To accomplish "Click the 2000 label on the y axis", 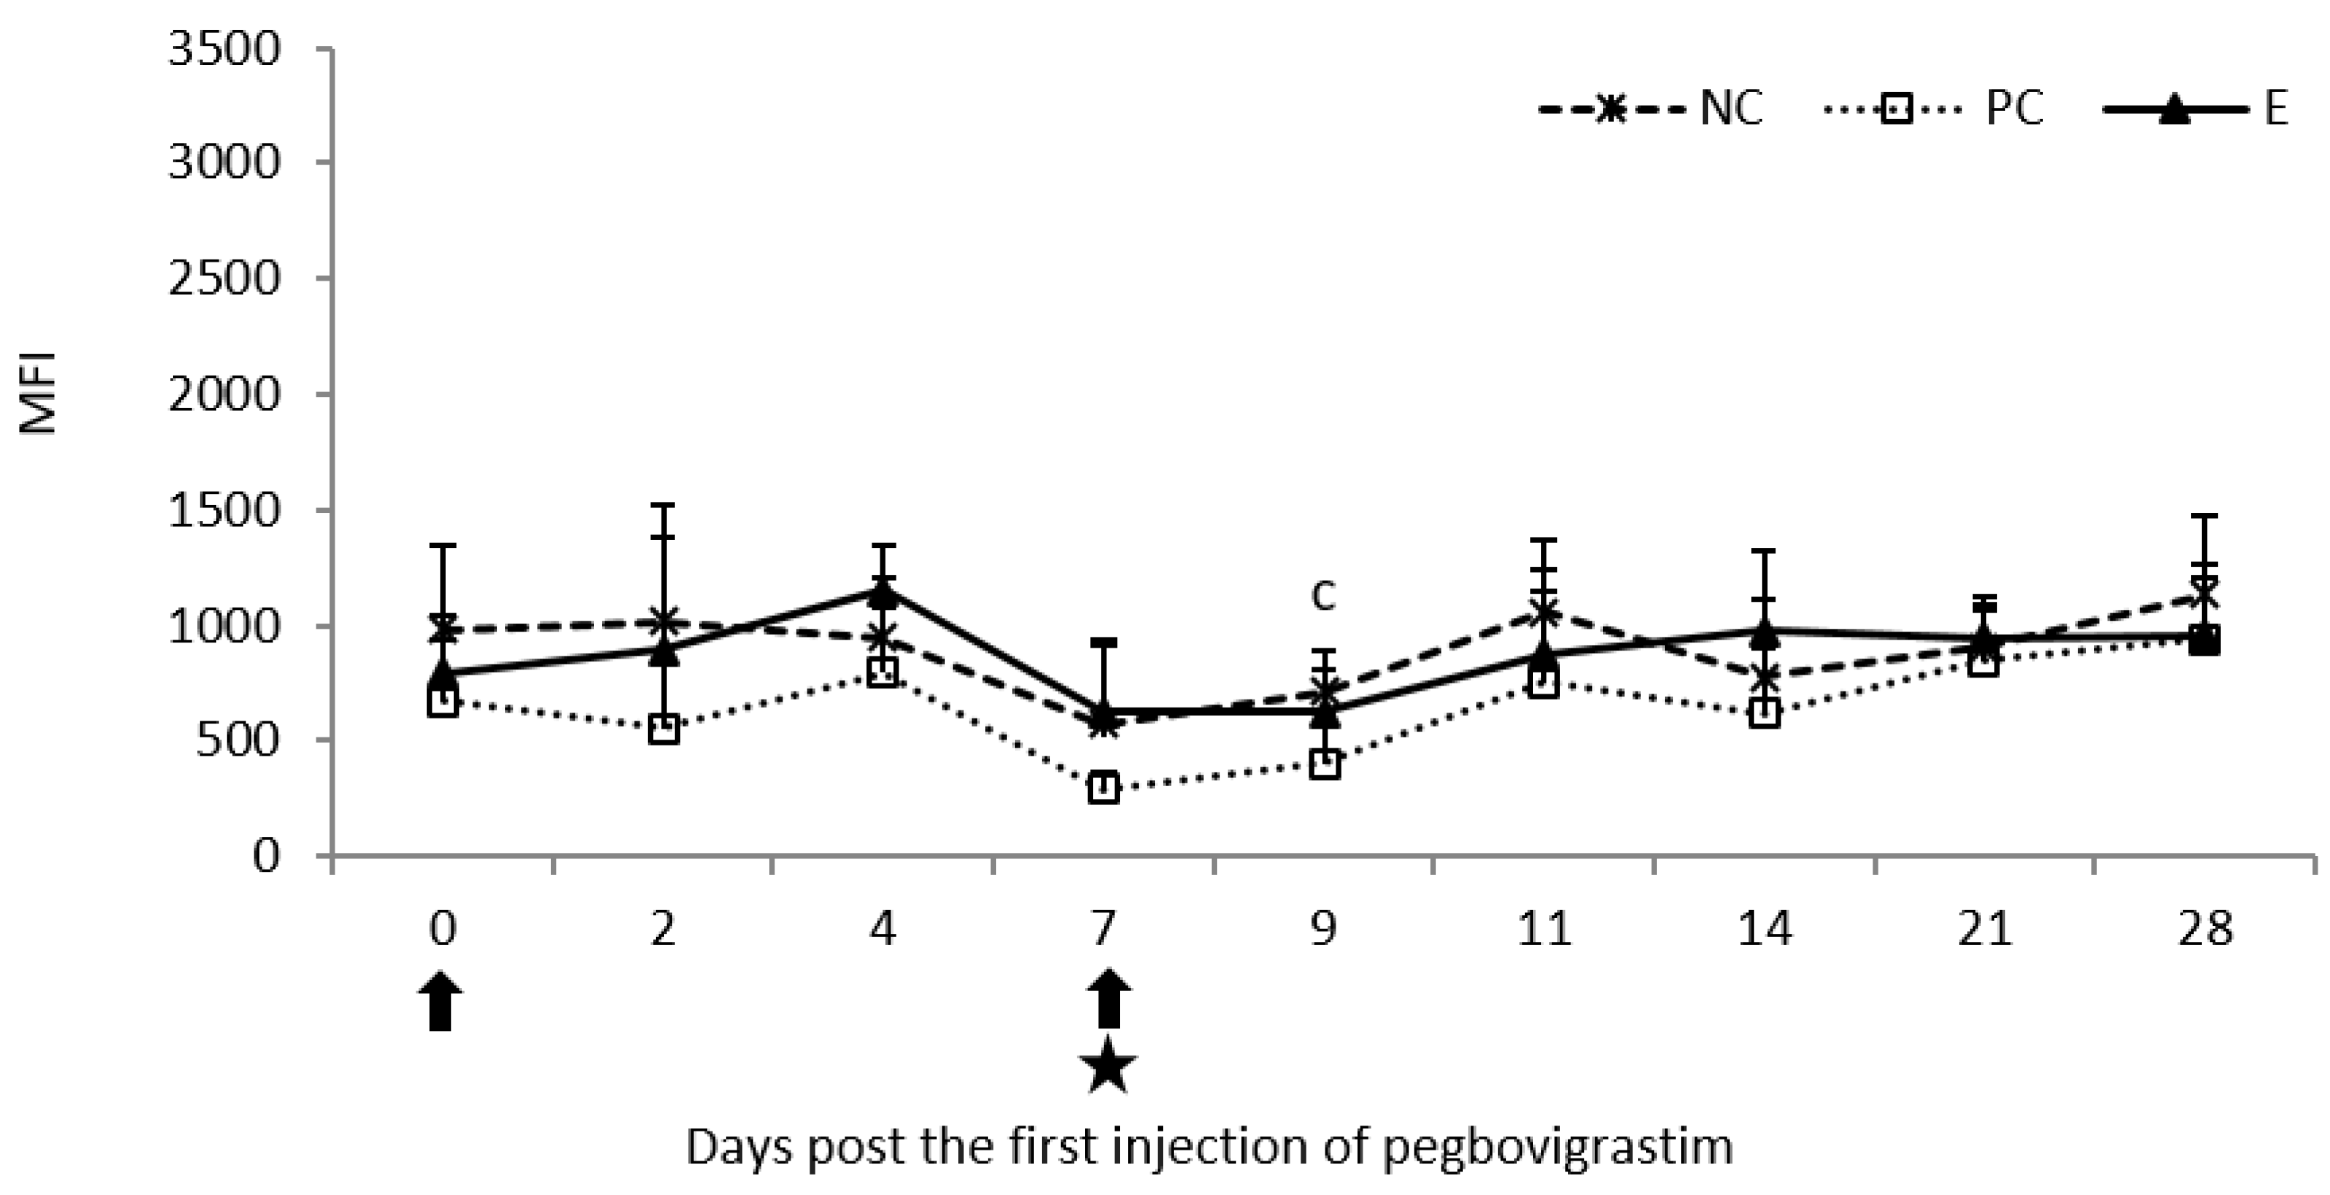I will (x=224, y=395).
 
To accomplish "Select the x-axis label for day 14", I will (x=1764, y=929).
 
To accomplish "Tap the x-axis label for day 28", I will (x=2205, y=929).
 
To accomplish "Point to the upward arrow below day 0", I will (x=441, y=1001).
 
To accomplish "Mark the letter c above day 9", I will (x=1322, y=595).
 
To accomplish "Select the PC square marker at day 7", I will (x=1103, y=787).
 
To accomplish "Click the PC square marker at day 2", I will (x=664, y=729).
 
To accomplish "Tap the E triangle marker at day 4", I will (x=883, y=593).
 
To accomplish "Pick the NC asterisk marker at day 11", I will (x=1544, y=612).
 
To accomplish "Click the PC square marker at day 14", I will (x=1764, y=713).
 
